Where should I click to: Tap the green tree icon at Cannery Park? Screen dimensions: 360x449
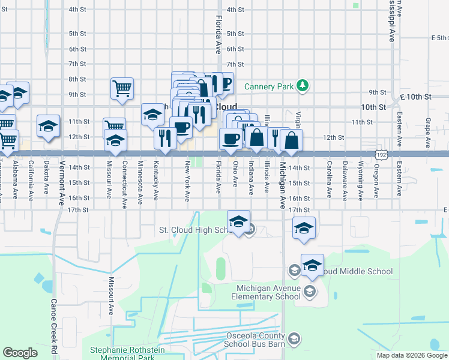tap(304, 86)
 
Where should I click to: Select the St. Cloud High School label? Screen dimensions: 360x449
tap(198, 230)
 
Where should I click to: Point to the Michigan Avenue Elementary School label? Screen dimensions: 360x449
tap(268, 292)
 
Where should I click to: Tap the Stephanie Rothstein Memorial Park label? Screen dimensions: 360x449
tap(131, 353)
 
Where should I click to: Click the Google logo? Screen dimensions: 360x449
tap(20, 352)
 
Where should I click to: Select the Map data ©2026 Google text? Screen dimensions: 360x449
tap(411, 355)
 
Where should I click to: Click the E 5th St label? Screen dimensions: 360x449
tap(439, 37)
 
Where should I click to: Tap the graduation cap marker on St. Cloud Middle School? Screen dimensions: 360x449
tap(312, 265)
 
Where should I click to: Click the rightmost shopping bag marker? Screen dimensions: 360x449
tap(291, 140)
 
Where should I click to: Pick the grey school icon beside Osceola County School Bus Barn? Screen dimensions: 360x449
tap(294, 340)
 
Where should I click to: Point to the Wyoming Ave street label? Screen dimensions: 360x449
tap(360, 179)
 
